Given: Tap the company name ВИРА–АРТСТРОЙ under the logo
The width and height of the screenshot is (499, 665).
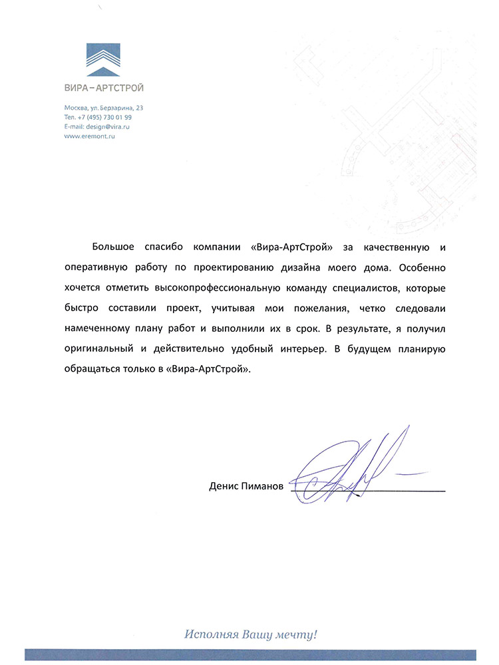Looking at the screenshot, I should pos(104,88).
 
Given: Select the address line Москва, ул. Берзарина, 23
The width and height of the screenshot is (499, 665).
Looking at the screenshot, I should pos(104,108).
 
